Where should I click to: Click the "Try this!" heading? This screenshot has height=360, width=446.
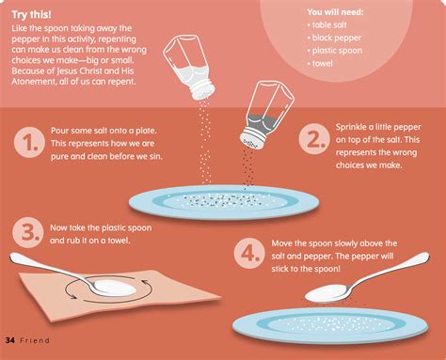tap(31, 15)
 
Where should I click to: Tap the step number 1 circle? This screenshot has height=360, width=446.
tap(29, 142)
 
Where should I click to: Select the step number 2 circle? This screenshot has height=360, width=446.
tap(314, 139)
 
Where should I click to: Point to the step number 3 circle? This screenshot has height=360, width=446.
tap(28, 233)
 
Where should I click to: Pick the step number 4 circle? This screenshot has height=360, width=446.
tap(249, 253)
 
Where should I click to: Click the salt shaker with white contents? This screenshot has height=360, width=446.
tap(189, 67)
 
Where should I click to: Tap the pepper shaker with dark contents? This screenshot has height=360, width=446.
tap(266, 115)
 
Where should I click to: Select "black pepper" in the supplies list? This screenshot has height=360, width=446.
tap(336, 38)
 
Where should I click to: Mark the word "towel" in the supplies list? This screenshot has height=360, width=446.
tap(322, 63)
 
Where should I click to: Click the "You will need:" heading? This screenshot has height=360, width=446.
tap(335, 12)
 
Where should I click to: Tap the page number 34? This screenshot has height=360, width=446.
tap(10, 340)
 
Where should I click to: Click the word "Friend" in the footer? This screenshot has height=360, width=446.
tap(35, 340)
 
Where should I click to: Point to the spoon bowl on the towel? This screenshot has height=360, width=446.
tap(115, 288)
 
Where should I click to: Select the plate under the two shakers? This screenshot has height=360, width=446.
tap(224, 202)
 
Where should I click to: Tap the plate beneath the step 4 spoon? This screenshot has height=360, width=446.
tap(330, 325)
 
